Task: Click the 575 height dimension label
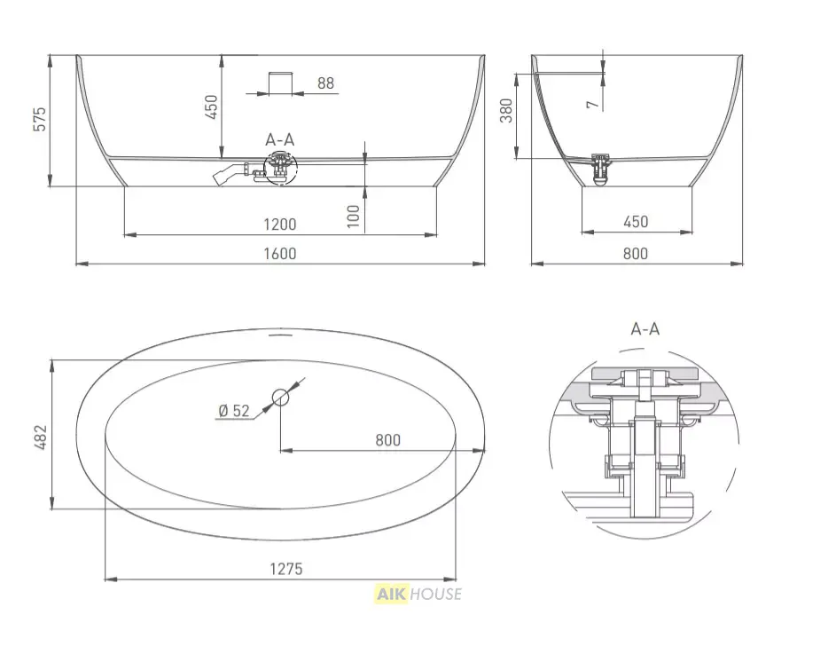click(40, 119)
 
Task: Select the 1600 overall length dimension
click(280, 253)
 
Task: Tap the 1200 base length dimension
click(280, 225)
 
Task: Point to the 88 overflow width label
click(325, 83)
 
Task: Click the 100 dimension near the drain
click(354, 217)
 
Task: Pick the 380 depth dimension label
click(506, 111)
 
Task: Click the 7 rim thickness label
click(593, 104)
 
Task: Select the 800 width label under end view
click(636, 253)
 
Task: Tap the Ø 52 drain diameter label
click(234, 411)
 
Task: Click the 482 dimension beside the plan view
click(41, 437)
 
